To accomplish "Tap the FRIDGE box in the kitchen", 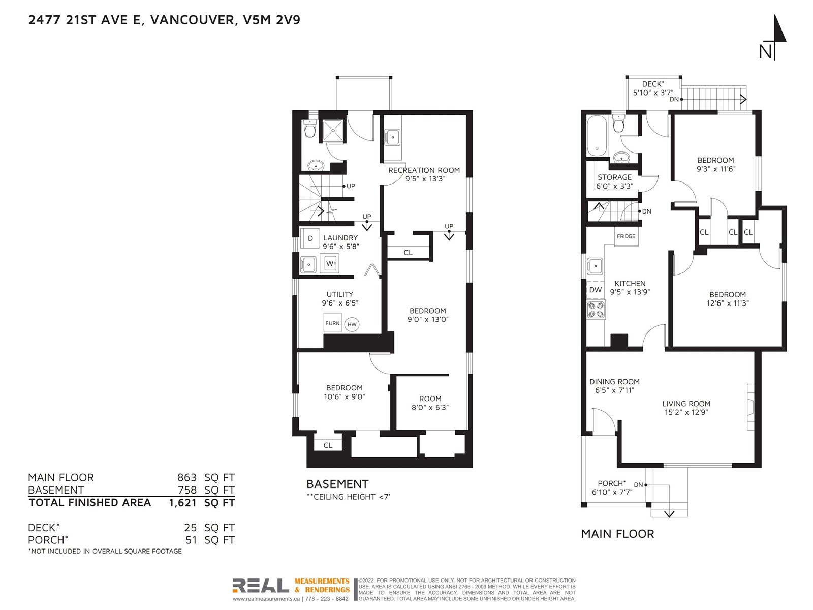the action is (x=626, y=236).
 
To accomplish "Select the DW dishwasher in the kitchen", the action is (x=595, y=290).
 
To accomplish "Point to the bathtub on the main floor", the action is (x=597, y=136).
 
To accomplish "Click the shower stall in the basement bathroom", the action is (x=333, y=130).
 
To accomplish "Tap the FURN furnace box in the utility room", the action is (x=332, y=323).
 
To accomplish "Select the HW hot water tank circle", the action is (x=352, y=324).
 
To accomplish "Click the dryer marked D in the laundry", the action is (x=310, y=238).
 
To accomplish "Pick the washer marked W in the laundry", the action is (x=329, y=263).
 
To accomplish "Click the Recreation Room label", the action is (x=424, y=170).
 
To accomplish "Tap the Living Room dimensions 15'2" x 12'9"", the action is (x=686, y=412).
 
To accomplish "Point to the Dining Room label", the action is (x=614, y=381).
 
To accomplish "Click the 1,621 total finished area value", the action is (x=182, y=503).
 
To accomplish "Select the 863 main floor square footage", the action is (x=186, y=477).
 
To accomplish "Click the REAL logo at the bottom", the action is (x=261, y=586).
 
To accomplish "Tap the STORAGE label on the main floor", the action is (x=614, y=177).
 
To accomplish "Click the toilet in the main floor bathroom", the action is (x=618, y=123).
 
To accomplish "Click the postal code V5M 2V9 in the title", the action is (x=271, y=20).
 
